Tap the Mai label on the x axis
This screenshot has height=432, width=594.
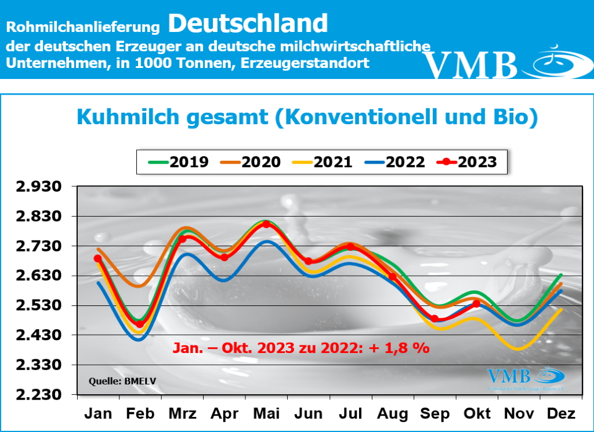pos(266,413)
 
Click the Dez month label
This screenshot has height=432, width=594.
pos(560,413)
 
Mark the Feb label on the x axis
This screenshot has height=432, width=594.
pos(140,413)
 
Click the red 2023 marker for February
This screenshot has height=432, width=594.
pos(140,325)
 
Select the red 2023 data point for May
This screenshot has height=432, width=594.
pos(266,224)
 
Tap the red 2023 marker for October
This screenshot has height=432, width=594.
pos(477,304)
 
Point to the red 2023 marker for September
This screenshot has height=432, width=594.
pos(434,318)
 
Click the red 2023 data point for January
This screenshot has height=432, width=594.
pos(98,258)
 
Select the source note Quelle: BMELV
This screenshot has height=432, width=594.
pos(114,381)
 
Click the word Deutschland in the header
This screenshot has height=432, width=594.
pos(248,23)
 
